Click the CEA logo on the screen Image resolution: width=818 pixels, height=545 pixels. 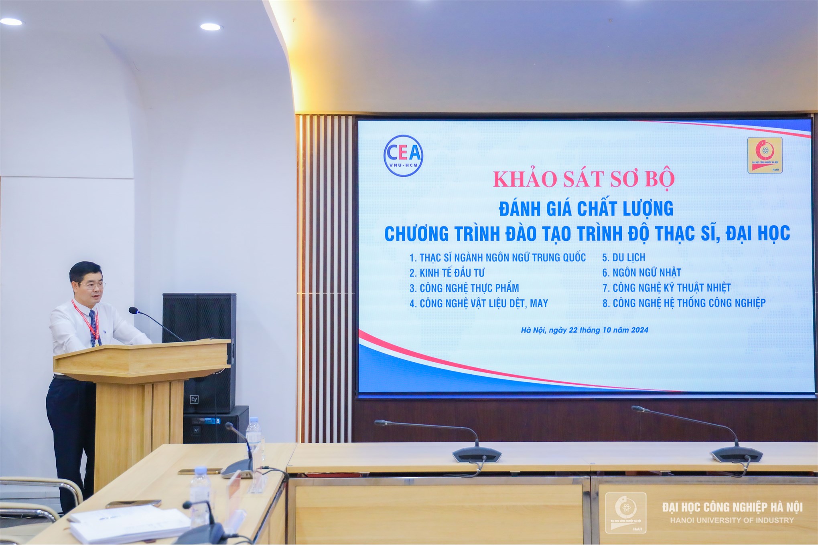coord(403,156)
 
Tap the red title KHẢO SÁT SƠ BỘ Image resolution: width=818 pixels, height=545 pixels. coord(584,179)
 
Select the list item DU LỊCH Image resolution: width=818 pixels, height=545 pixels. coord(624,257)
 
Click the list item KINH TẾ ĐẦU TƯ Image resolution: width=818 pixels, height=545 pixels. coord(447,273)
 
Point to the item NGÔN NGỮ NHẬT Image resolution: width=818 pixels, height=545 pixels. coord(641,272)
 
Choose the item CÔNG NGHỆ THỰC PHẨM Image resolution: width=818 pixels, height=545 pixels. coord(464,288)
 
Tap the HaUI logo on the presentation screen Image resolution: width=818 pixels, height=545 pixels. coord(765,155)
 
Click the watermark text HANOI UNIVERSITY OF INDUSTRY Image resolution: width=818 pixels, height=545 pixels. coord(732,520)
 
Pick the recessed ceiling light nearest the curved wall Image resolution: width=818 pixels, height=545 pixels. coord(210,27)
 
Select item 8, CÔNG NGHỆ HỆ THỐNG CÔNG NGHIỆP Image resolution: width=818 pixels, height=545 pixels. coord(684,303)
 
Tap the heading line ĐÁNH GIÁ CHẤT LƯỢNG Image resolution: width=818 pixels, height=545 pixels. coord(586,208)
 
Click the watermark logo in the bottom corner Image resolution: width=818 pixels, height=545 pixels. coord(625,513)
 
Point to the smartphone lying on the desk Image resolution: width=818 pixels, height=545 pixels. coord(200,471)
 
